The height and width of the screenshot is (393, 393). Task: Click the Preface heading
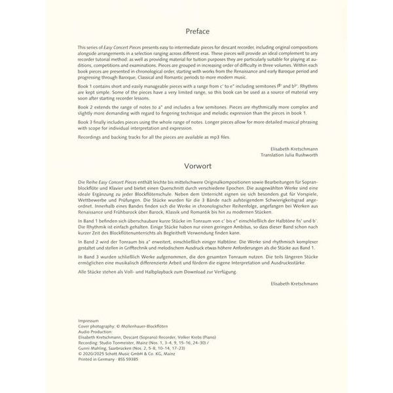(x=196, y=30)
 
